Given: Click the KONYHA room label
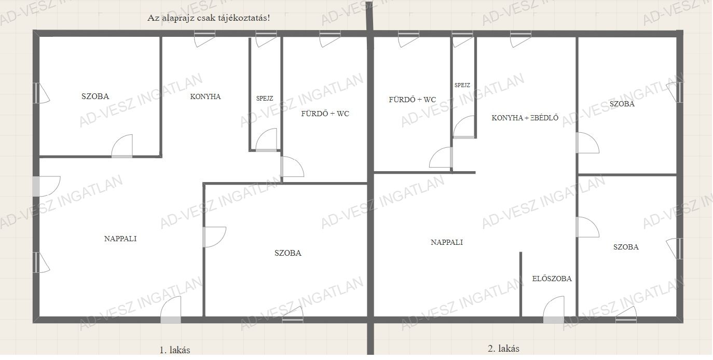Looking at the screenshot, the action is pyautogui.click(x=205, y=96).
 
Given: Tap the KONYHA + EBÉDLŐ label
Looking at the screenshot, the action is pyautogui.click(x=525, y=118).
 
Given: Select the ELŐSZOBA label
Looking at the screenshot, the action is pyautogui.click(x=552, y=279).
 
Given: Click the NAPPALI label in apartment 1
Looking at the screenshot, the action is pyautogui.click(x=120, y=239).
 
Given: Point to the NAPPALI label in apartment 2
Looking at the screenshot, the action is pyautogui.click(x=447, y=242).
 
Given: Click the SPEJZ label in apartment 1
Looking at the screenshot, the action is pyautogui.click(x=265, y=99).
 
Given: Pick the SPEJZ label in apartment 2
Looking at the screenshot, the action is pyautogui.click(x=462, y=85).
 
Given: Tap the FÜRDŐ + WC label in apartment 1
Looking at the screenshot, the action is pyautogui.click(x=325, y=114).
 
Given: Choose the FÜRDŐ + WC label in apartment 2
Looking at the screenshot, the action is pyautogui.click(x=412, y=100).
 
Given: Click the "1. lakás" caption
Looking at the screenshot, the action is pyautogui.click(x=175, y=350).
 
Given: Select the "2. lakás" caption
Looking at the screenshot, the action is pyautogui.click(x=503, y=349).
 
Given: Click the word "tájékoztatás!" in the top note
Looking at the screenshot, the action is pyautogui.click(x=244, y=18).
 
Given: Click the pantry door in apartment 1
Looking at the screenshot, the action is pyautogui.click(x=266, y=140).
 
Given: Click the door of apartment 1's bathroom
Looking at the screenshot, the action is pyautogui.click(x=292, y=167).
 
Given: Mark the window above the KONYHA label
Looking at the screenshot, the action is pyautogui.click(x=204, y=38).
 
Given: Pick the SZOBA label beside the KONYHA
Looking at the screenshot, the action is pyautogui.click(x=95, y=96).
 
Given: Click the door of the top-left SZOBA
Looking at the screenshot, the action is pyautogui.click(x=122, y=146).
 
